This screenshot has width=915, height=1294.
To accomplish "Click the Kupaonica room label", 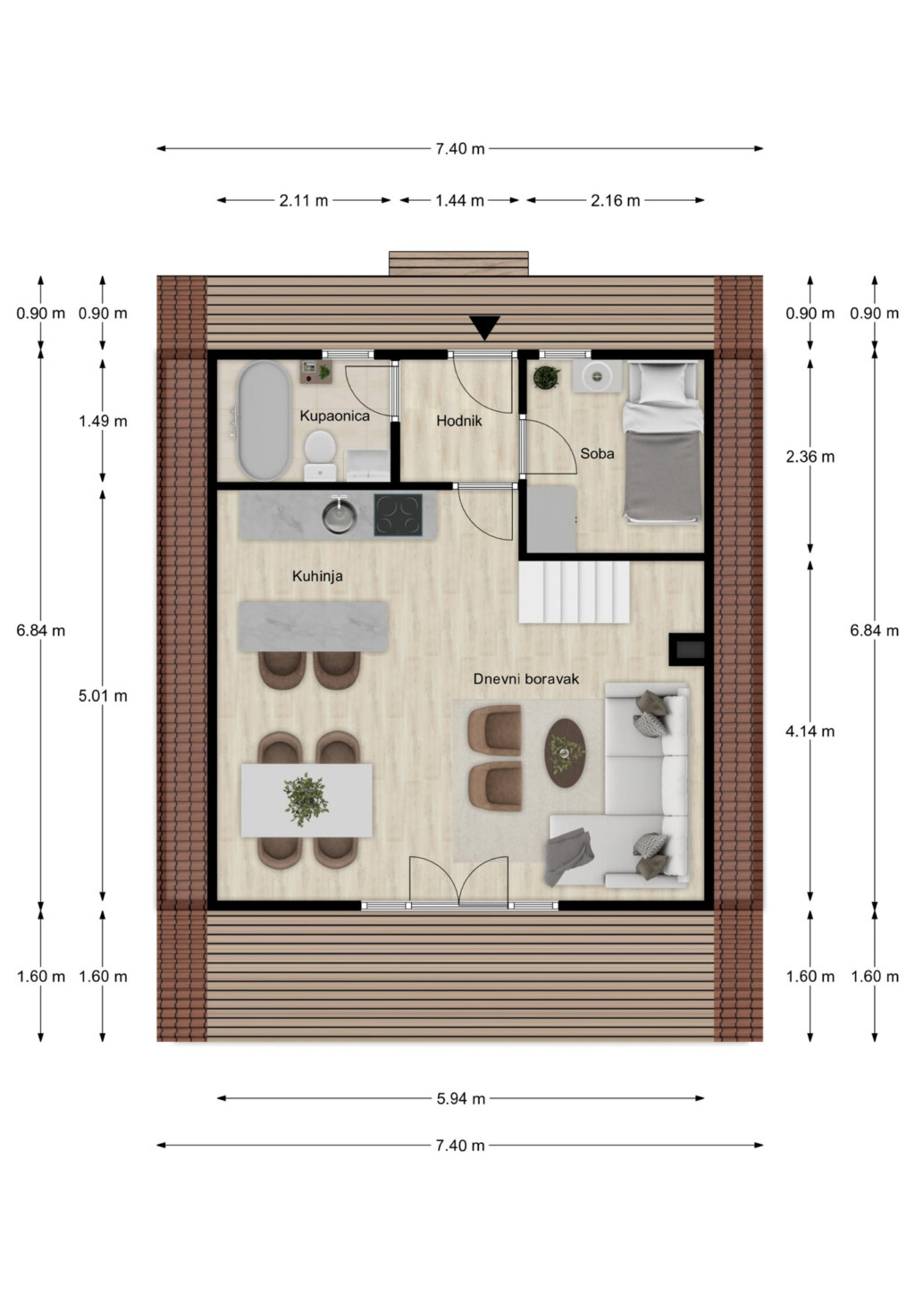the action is [334, 416].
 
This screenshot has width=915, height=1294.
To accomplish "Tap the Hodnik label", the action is [458, 421].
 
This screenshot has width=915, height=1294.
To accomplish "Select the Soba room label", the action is [597, 453].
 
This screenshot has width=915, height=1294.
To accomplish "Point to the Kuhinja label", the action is [317, 576].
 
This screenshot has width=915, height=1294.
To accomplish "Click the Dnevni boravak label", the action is [525, 679].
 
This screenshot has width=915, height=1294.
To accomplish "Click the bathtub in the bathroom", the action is [264, 420].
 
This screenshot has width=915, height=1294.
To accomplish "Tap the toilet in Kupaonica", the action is [321, 455].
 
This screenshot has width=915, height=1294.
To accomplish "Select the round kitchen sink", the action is [339, 516].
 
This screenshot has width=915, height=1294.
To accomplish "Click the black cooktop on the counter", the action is [398, 515].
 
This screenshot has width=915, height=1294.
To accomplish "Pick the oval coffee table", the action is [565, 752].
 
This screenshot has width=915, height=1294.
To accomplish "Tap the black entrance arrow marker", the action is [484, 328].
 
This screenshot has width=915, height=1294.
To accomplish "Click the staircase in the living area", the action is [574, 592].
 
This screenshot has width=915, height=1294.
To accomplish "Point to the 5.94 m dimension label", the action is [460, 1098].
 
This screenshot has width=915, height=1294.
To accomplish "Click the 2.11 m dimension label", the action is [303, 200].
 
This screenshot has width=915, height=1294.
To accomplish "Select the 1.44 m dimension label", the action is [459, 200].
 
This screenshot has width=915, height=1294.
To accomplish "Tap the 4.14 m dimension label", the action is [810, 731].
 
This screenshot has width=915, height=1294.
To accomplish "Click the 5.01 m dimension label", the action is [103, 695].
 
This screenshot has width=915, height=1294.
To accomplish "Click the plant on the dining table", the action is [306, 800].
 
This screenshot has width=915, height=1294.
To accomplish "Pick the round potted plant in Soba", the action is [546, 377].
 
